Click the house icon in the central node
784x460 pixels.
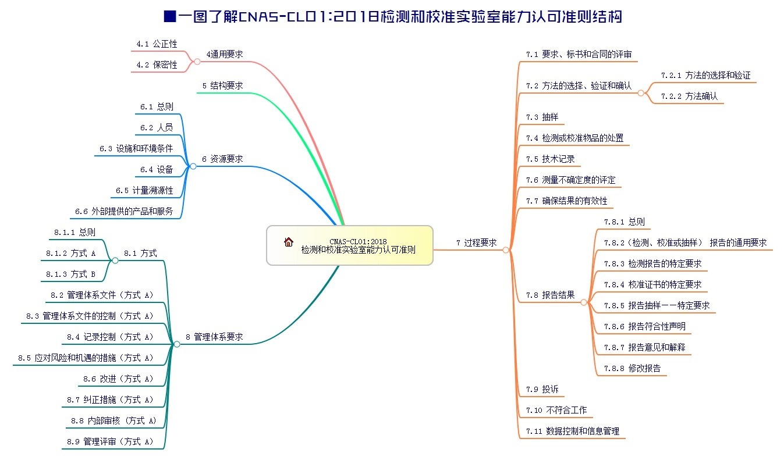point(288,242)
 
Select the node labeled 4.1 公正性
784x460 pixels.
point(157,44)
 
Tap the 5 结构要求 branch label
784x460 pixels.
point(222,86)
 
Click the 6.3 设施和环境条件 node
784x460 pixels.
point(136,149)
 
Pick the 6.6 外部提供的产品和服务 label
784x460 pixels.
point(124,212)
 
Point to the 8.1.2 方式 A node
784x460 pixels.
point(70,254)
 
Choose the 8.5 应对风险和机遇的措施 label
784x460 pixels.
point(86,358)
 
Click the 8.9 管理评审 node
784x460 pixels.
point(110,442)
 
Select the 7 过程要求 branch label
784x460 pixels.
point(476,243)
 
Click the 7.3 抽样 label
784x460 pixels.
point(542,117)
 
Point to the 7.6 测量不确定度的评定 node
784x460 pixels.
point(570,180)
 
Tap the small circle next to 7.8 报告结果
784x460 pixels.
point(584,302)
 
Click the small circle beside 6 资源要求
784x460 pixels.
point(193,166)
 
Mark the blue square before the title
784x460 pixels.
point(170,16)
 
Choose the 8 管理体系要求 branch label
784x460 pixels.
point(214,337)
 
